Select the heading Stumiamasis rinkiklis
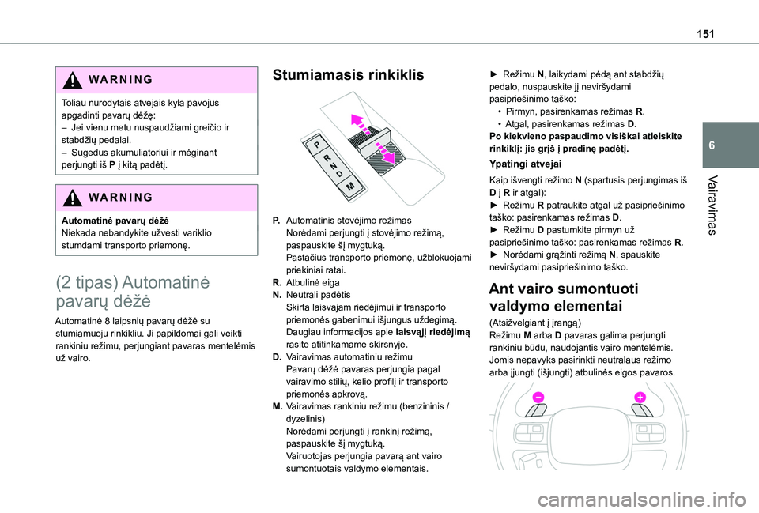pyautogui.click(x=348, y=75)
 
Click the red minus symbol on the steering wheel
pyautogui.click(x=538, y=398)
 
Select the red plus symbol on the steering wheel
pyautogui.click(x=640, y=397)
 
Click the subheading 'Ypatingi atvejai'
pyautogui.click(x=526, y=164)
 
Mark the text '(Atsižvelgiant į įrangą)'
pyautogui.click(x=536, y=323)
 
